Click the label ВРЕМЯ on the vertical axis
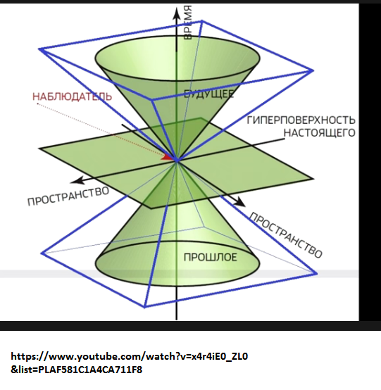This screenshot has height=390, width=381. pos(188,23)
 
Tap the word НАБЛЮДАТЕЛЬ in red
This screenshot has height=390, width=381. pos(72,96)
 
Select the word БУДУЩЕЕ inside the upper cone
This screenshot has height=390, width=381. pos(208,94)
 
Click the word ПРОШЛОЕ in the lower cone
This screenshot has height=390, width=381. pos(211,257)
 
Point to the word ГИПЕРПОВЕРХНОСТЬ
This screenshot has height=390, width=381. pos(301,120)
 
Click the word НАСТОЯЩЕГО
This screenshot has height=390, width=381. pos(320,133)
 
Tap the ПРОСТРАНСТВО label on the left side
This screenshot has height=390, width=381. pos(68,196)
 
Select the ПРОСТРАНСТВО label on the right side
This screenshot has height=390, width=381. pos(286,235)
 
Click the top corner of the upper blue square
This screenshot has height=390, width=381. pos(202,21)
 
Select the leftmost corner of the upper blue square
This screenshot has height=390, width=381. pos(39,49)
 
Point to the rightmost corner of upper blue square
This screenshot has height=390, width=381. pos(313,70)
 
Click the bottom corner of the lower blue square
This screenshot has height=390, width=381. pos(144,307)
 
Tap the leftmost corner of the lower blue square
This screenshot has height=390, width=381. pos(42,253)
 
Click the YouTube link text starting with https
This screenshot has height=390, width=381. pos(130,357)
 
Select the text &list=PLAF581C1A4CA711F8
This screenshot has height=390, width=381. pos(77,370)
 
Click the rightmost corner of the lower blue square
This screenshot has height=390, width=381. pos(316,274)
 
